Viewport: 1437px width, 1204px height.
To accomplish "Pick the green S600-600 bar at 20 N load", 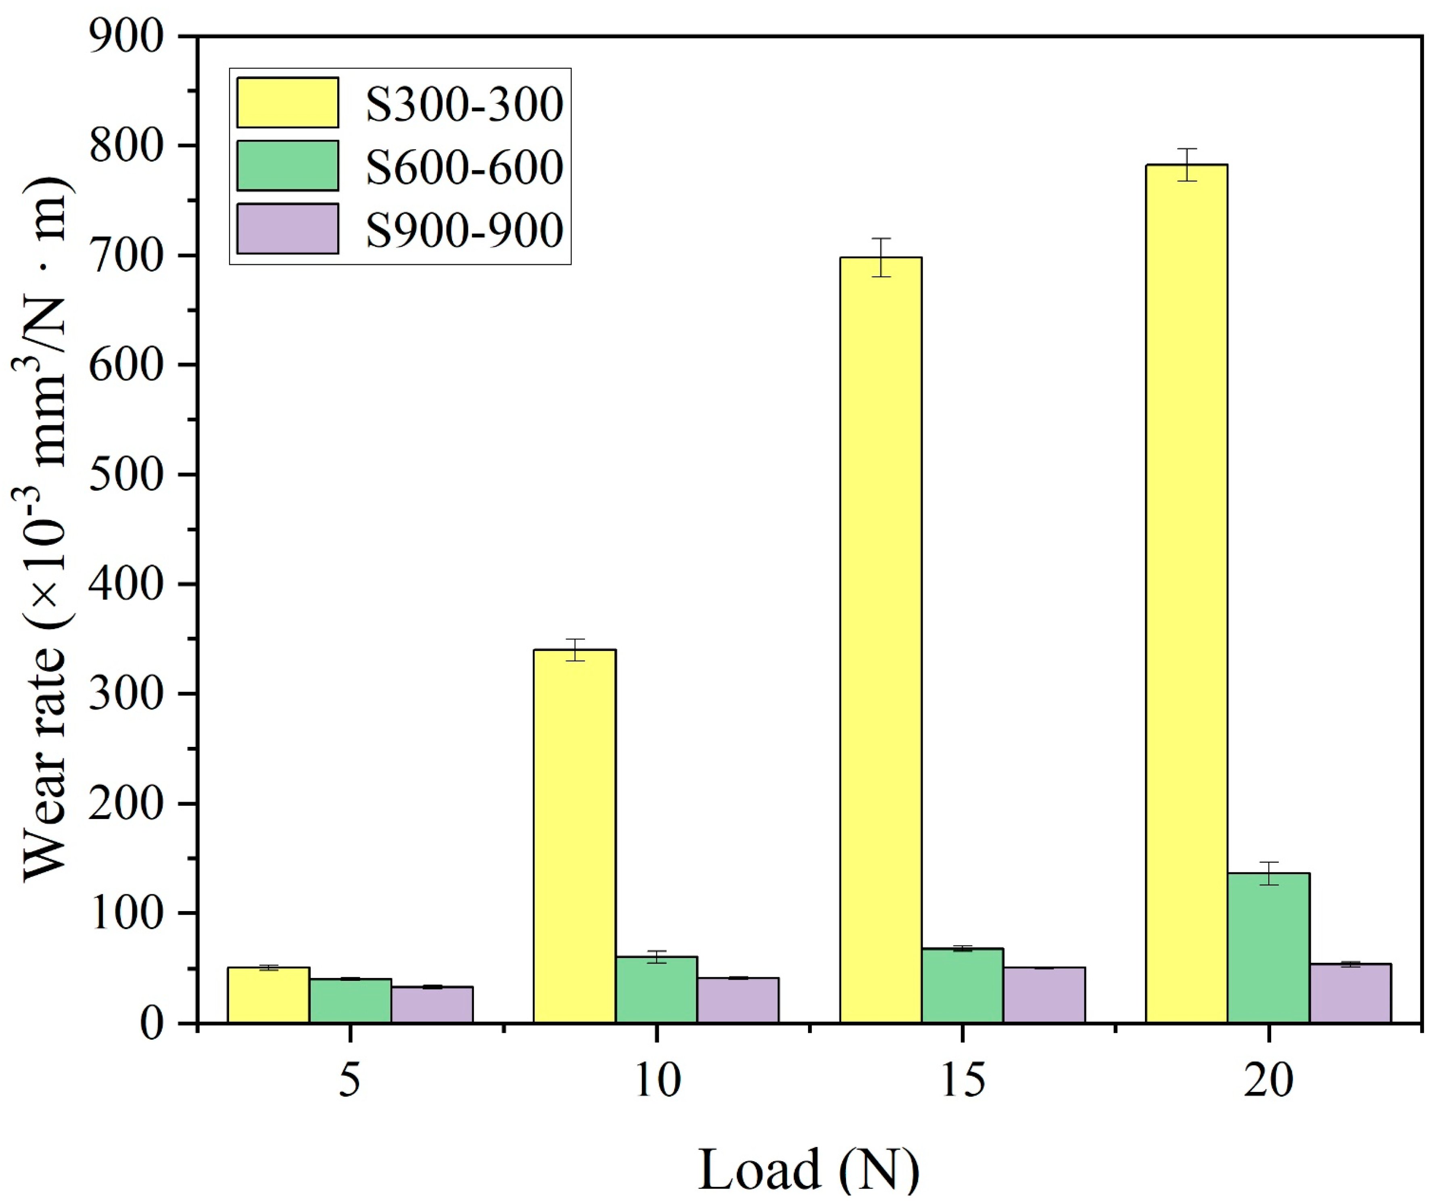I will pyautogui.click(x=1269, y=948).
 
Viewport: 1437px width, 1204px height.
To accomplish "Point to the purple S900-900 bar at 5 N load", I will pyautogui.click(x=432, y=1004).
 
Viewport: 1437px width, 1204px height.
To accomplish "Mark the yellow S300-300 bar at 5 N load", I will pyautogui.click(x=268, y=995).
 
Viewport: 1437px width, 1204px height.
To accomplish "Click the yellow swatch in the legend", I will pyautogui.click(x=287, y=102).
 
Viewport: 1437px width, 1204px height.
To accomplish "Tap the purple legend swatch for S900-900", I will pyautogui.click(x=287, y=229).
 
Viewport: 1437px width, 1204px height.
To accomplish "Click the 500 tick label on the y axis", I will pyautogui.click(x=127, y=474).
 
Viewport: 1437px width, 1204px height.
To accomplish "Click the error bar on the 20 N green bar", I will pyautogui.click(x=1269, y=874).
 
